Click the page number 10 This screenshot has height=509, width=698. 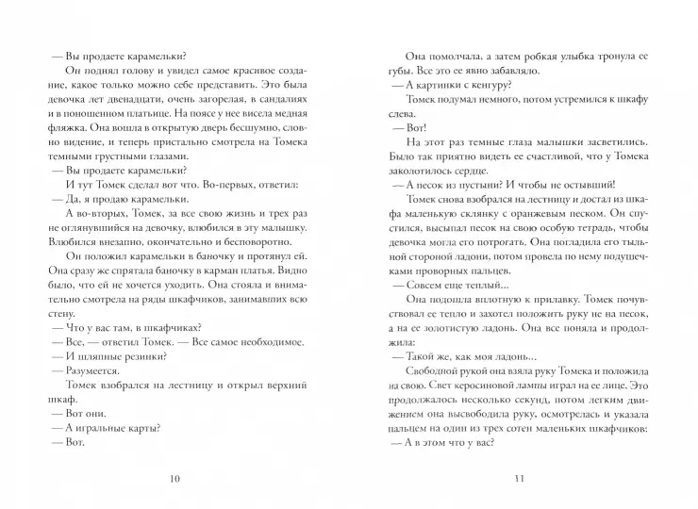pyautogui.click(x=173, y=478)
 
